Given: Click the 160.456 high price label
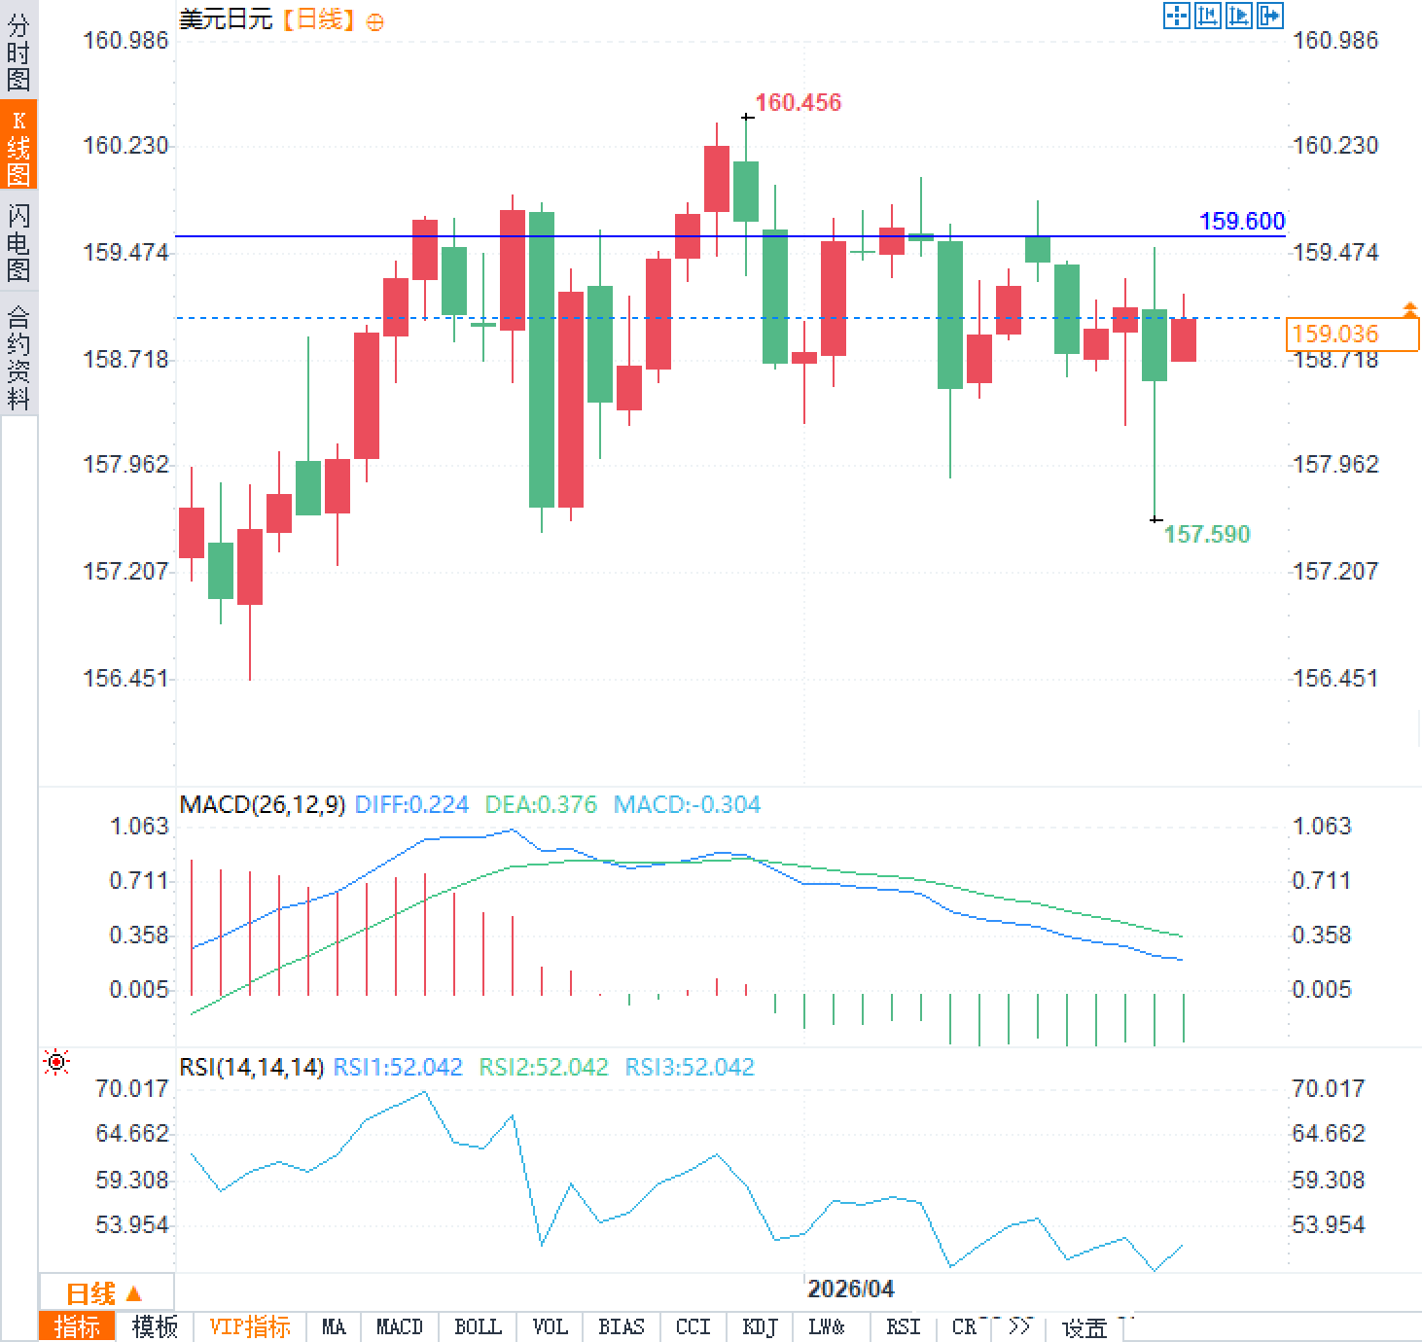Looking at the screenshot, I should (798, 102).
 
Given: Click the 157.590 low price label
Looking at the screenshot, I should (1206, 534).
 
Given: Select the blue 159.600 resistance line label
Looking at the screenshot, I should (1242, 221).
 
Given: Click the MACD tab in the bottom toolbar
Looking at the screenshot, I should (399, 1327).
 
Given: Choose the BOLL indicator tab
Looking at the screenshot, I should (478, 1327).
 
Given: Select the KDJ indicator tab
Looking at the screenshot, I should (759, 1327).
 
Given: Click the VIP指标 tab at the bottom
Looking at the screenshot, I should (250, 1327).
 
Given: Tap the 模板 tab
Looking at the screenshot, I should (155, 1327).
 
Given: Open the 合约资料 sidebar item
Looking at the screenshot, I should (18, 357).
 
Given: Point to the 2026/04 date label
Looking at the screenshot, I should (850, 1289).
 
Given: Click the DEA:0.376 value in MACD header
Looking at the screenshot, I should (541, 805).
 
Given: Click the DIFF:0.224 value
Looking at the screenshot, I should (411, 805).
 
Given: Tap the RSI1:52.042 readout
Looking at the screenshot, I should (398, 1068).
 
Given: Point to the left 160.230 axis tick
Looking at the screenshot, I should (125, 146).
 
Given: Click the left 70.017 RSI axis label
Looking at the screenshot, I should (131, 1088).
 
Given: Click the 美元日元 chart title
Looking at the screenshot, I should (226, 19).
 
